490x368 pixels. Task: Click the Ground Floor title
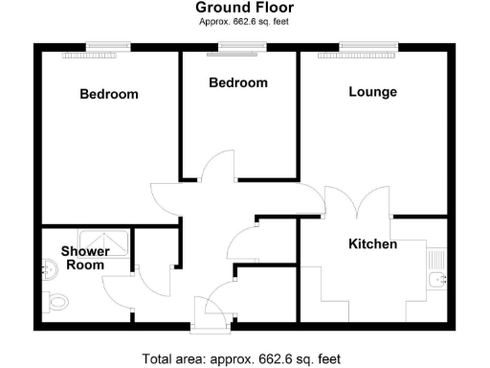tap(245, 8)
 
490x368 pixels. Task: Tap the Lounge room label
tap(372, 92)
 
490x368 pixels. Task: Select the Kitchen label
tap(372, 244)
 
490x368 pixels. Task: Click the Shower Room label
tap(84, 258)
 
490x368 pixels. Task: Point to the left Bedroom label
tap(108, 94)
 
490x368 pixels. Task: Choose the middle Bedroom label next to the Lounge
tap(238, 83)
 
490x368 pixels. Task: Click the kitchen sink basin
tap(440, 280)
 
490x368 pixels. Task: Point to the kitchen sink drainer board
tap(438, 258)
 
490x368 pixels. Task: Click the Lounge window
tap(368, 45)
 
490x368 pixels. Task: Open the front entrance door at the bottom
tap(210, 309)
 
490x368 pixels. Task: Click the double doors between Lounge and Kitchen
tap(357, 203)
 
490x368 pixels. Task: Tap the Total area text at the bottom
tap(241, 359)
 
